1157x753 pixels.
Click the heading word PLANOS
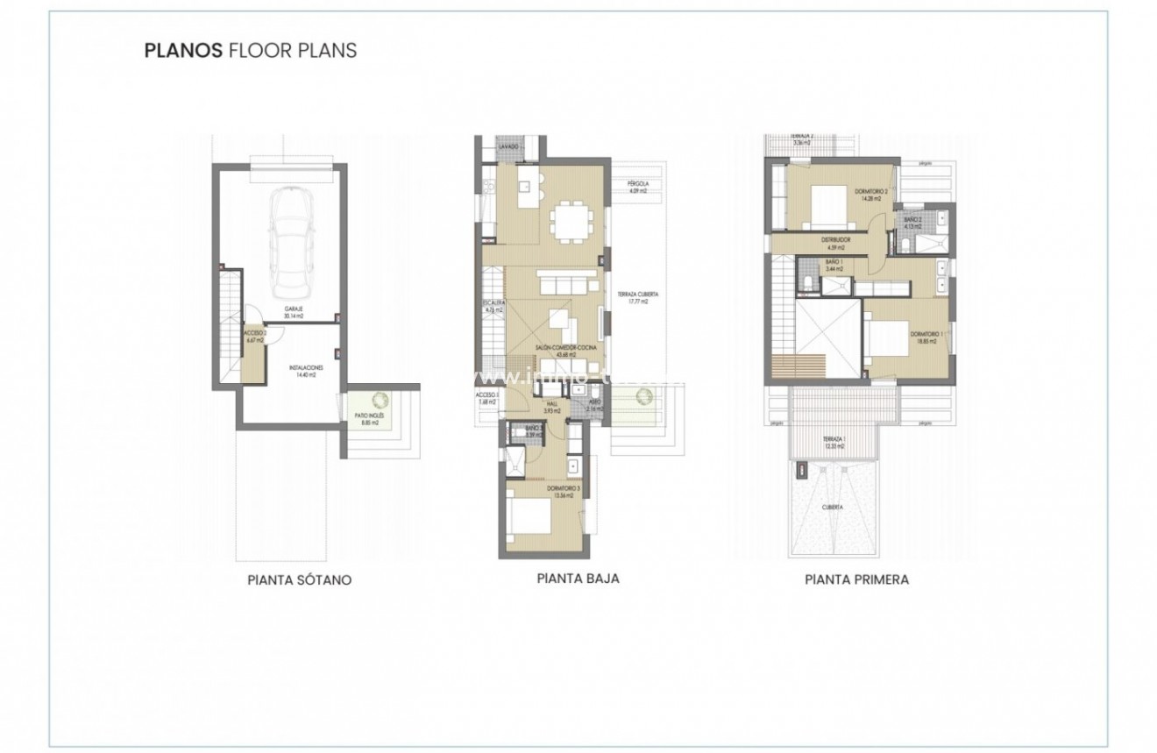point(183,50)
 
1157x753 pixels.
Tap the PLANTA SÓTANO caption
point(300,580)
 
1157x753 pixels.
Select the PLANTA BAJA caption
point(578,579)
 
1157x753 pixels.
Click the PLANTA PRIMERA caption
point(856,579)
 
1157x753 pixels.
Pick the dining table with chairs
point(571,220)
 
